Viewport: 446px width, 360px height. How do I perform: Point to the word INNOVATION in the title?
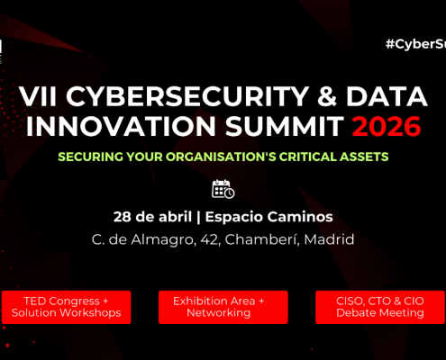click(107, 127)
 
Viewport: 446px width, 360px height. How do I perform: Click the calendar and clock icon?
click(223, 189)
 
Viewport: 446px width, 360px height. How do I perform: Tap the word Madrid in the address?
click(327, 239)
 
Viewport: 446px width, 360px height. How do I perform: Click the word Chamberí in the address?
click(266, 239)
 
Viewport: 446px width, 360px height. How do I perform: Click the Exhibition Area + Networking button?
click(223, 306)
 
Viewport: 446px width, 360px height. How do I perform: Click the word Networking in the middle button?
click(223, 313)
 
